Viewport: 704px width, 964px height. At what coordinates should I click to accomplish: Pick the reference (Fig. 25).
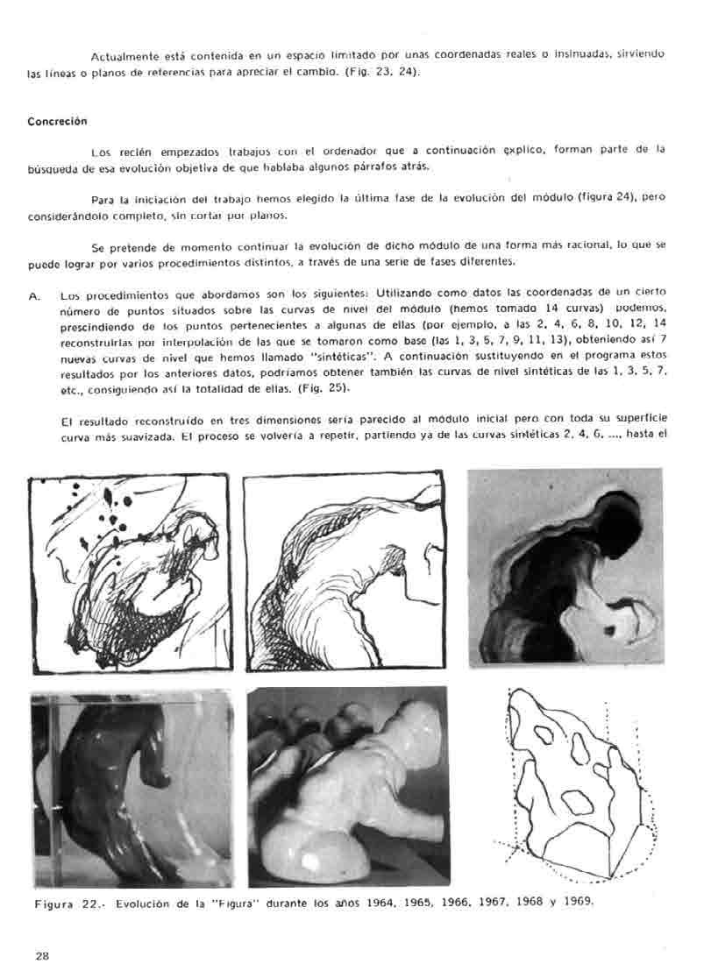[x=324, y=387]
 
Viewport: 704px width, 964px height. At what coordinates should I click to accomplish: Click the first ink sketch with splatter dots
[x=129, y=574]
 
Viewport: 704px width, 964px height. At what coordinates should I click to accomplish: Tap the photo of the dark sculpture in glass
[x=132, y=787]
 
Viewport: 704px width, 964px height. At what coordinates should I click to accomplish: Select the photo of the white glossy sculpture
[x=349, y=786]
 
